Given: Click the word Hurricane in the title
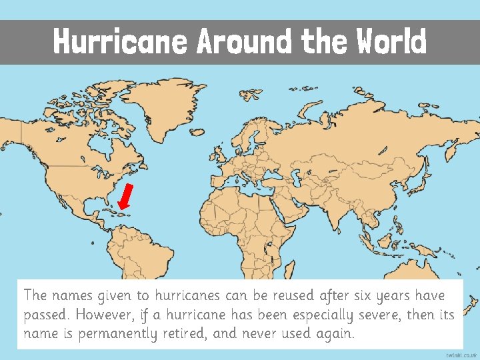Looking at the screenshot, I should pyautogui.click(x=121, y=42).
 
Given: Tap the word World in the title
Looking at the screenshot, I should pyautogui.click(x=391, y=42).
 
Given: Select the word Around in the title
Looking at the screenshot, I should pyautogui.click(x=244, y=42).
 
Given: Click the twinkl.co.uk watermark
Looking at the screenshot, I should pyautogui.click(x=461, y=355).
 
